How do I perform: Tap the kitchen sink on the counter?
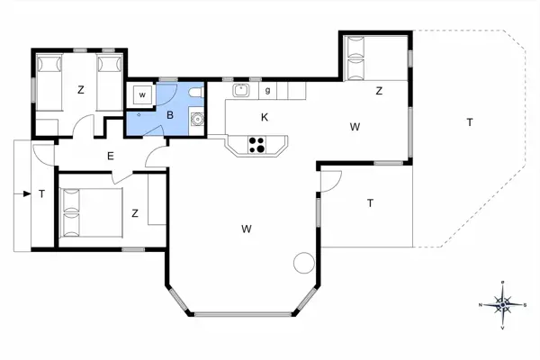tap(241, 90)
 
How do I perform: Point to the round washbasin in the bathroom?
tap(197, 116)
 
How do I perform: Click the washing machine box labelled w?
tap(142, 94)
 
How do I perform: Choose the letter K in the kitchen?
tap(265, 117)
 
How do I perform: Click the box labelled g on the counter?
tap(268, 90)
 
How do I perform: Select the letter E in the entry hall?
tap(110, 157)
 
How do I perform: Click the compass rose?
tap(501, 304)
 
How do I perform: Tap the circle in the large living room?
tap(304, 263)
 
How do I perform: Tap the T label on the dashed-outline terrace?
tap(469, 121)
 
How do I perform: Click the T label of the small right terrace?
tap(370, 203)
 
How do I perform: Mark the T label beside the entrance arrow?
tap(41, 193)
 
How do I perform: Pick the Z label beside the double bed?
tap(134, 213)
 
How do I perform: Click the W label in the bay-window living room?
tap(246, 229)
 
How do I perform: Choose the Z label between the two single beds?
tap(80, 89)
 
